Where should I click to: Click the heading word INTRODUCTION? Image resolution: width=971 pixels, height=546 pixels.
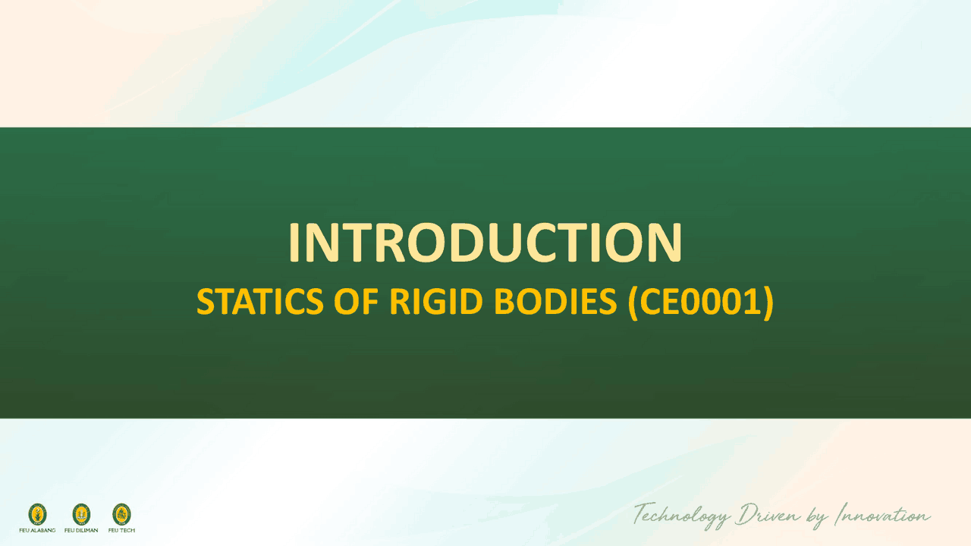[485, 243]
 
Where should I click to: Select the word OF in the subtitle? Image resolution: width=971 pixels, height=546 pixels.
[357, 303]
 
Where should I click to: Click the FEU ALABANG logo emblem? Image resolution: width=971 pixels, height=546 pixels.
[37, 514]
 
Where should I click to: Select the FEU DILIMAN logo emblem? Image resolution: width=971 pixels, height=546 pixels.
[81, 514]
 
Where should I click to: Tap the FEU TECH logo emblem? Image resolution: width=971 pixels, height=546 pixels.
[121, 514]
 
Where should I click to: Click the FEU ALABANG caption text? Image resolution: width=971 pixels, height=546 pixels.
[37, 530]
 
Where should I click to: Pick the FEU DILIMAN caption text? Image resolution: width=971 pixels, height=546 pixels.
[81, 530]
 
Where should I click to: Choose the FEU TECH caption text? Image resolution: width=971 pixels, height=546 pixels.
[121, 530]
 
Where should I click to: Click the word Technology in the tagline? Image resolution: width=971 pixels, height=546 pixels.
[681, 516]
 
